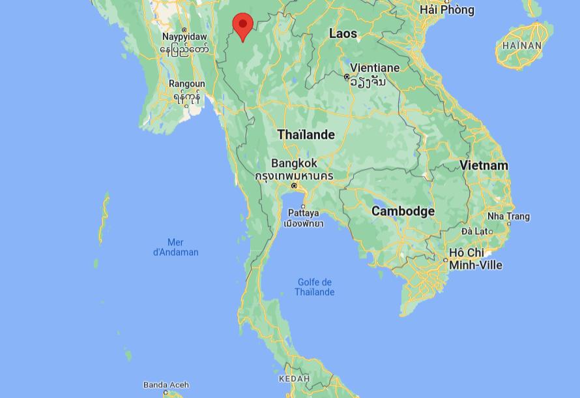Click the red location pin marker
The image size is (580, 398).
(243, 26)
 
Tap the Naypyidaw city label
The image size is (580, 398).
(184, 37)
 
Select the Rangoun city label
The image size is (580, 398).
(187, 84)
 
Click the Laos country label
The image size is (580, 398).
(343, 33)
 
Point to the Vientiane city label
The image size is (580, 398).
(375, 68)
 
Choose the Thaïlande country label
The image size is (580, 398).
(306, 135)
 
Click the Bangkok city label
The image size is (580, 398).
(294, 163)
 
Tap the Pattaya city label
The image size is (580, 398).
(303, 213)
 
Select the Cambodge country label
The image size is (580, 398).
(403, 211)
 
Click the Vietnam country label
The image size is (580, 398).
(484, 166)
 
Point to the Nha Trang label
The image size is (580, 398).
(508, 217)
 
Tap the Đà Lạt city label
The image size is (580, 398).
(474, 231)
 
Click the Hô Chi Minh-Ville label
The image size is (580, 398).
(475, 258)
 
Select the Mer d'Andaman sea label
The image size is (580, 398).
(175, 247)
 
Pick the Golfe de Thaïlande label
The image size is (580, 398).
(314, 287)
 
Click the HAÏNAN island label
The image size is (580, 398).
(522, 46)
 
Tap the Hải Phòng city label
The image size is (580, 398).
(447, 10)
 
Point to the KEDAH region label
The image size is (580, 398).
(294, 379)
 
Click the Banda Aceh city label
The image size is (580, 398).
(166, 385)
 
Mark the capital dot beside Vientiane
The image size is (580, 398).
(347, 77)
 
